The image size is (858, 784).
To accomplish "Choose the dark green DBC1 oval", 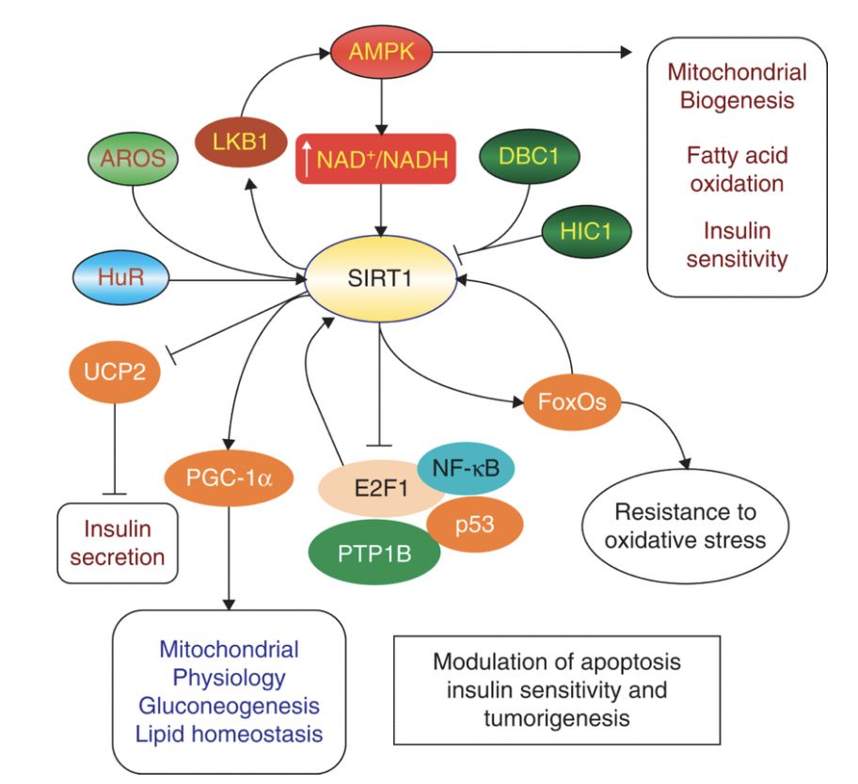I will coord(528,156).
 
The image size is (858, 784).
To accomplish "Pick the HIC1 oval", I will coord(586,231).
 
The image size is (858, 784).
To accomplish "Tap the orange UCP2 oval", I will coord(115,371).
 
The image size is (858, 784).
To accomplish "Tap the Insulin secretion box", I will coord(117,542).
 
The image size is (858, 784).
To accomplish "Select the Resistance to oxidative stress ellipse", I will coord(685,526).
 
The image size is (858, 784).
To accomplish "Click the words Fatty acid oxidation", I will coord(736,168).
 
